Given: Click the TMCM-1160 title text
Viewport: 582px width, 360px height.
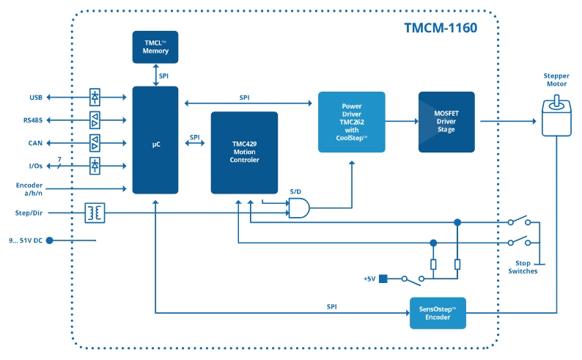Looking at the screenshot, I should point(440,29).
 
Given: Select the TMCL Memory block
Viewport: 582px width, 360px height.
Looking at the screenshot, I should point(155,47).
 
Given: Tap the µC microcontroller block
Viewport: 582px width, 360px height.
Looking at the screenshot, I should point(155,140).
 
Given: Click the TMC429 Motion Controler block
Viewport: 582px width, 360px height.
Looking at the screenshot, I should point(244,153).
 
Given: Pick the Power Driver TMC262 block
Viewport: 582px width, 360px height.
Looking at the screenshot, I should point(351,122).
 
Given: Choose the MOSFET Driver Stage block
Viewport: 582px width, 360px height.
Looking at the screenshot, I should point(446,122).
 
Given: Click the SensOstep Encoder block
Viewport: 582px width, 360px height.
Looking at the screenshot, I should point(438,314).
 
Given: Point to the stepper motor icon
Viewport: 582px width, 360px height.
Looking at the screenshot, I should point(556,116).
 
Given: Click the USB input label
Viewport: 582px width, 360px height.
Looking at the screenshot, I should point(36,97).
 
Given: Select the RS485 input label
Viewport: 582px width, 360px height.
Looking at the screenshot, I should point(33,120).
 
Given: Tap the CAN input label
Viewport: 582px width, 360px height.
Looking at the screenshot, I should point(35,143).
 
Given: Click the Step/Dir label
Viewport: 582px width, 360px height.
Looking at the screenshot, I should point(29,213).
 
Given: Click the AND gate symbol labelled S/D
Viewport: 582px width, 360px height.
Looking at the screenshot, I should point(298,209).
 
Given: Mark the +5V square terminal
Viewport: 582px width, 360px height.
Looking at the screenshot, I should point(383,279).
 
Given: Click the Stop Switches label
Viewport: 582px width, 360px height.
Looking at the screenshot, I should point(523,267).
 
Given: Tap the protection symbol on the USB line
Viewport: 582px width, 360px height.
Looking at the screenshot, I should point(95,97).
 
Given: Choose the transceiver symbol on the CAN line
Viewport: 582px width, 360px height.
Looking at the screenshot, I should point(95,143).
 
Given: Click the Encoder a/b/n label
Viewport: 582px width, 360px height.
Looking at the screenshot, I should point(29,189).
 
